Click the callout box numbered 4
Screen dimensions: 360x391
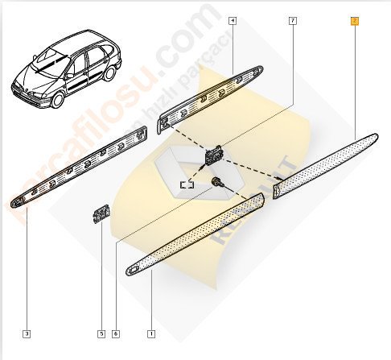click(232, 21)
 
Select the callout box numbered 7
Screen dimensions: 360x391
click(293, 21)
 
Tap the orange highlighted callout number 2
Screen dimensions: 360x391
click(354, 21)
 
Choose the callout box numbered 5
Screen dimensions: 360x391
click(101, 333)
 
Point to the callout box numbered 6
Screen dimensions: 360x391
click(117, 333)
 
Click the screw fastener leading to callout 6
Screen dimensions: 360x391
click(216, 184)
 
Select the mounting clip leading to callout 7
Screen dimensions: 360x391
click(216, 153)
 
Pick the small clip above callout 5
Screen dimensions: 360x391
click(101, 214)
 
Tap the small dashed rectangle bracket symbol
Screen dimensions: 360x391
click(187, 184)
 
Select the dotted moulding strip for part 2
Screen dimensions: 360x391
click(326, 162)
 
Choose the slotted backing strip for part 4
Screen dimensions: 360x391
click(211, 90)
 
